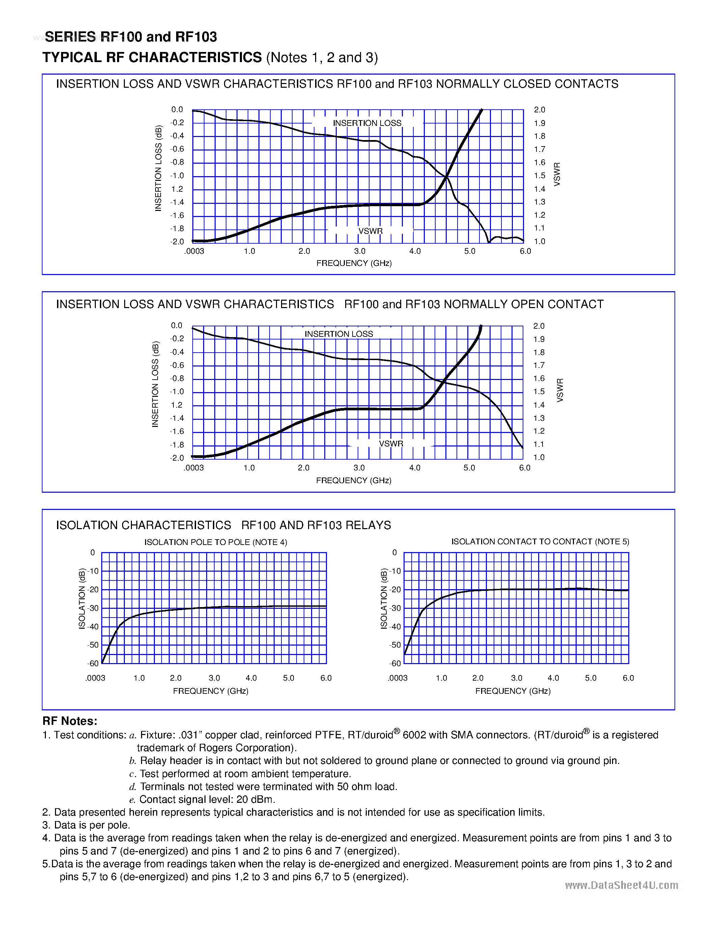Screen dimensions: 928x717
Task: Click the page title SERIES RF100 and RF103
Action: [131, 37]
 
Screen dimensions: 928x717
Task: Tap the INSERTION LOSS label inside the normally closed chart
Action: [367, 123]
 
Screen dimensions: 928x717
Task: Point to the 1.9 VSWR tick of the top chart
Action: [540, 123]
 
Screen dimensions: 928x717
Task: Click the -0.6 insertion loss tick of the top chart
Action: [177, 149]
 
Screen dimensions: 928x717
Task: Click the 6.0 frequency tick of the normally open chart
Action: [525, 468]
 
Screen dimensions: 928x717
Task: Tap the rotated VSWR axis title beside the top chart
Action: [557, 174]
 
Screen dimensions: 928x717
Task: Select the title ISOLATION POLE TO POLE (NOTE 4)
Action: [215, 542]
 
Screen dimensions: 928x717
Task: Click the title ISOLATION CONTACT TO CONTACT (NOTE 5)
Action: [540, 542]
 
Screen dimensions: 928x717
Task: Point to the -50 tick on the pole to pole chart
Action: [92, 645]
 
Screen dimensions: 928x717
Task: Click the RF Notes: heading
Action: [70, 721]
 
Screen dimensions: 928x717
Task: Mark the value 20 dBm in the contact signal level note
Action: [255, 799]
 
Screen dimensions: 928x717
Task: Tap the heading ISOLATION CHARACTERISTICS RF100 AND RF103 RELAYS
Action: [223, 525]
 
